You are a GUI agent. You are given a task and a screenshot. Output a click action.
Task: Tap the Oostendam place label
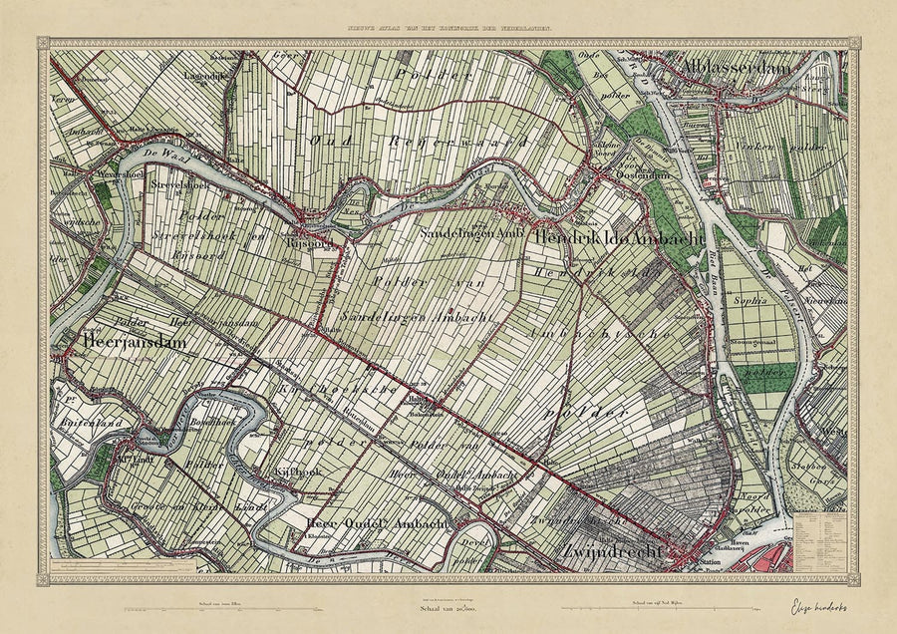pyautogui.click(x=626, y=176)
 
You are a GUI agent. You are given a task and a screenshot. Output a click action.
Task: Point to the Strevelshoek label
pyautogui.click(x=176, y=184)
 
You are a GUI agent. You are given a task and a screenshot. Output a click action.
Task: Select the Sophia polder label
pyautogui.click(x=751, y=298)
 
